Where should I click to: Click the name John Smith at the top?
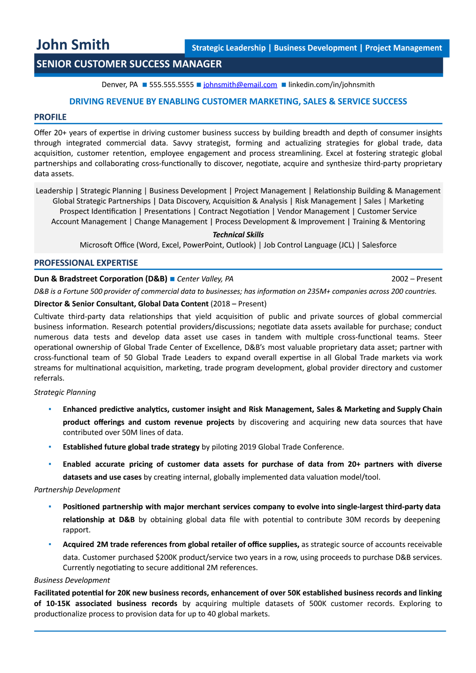pos(73,45)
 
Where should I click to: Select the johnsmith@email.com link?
pos(240,85)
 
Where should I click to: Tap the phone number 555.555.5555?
pos(171,85)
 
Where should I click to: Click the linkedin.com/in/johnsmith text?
pos(331,85)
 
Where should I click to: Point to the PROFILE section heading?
pos(50,117)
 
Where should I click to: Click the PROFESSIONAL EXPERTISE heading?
pos(86,263)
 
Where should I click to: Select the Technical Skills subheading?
pos(238,235)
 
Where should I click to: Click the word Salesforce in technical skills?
pos(379,245)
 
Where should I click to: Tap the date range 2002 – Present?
pos(416,279)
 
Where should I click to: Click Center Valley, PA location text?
pos(205,279)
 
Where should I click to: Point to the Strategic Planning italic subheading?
pos(65,392)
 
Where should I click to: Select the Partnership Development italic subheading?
pos(77,490)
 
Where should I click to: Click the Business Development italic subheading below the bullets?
pos(72,580)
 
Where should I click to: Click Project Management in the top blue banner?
pos(403,48)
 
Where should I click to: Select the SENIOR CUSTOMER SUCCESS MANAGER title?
pos(129,64)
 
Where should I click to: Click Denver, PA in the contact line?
pos(119,85)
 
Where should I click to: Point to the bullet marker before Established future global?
pos(50,447)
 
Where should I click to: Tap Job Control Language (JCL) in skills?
pos(309,245)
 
